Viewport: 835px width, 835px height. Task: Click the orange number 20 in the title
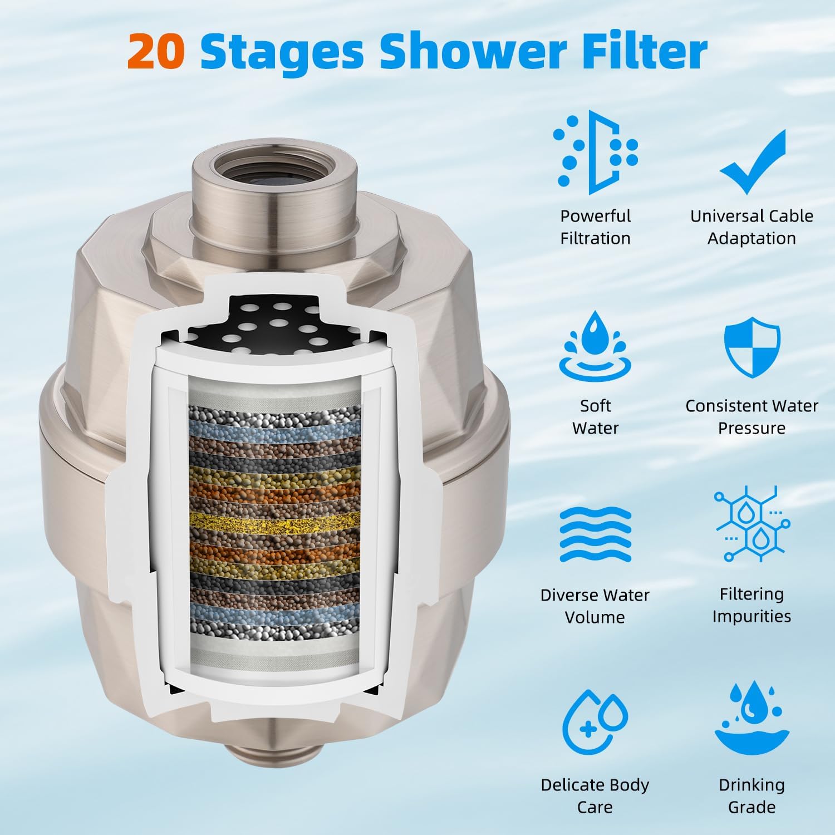pos(156,52)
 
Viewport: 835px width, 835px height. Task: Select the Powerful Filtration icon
pos(595,152)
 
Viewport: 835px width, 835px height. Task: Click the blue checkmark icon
pos(752,161)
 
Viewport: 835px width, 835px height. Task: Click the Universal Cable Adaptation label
pos(751,227)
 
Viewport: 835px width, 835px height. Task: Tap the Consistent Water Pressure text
pos(751,417)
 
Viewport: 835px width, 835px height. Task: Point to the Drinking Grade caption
pos(751,795)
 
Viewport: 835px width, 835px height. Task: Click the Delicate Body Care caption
pos(595,795)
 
